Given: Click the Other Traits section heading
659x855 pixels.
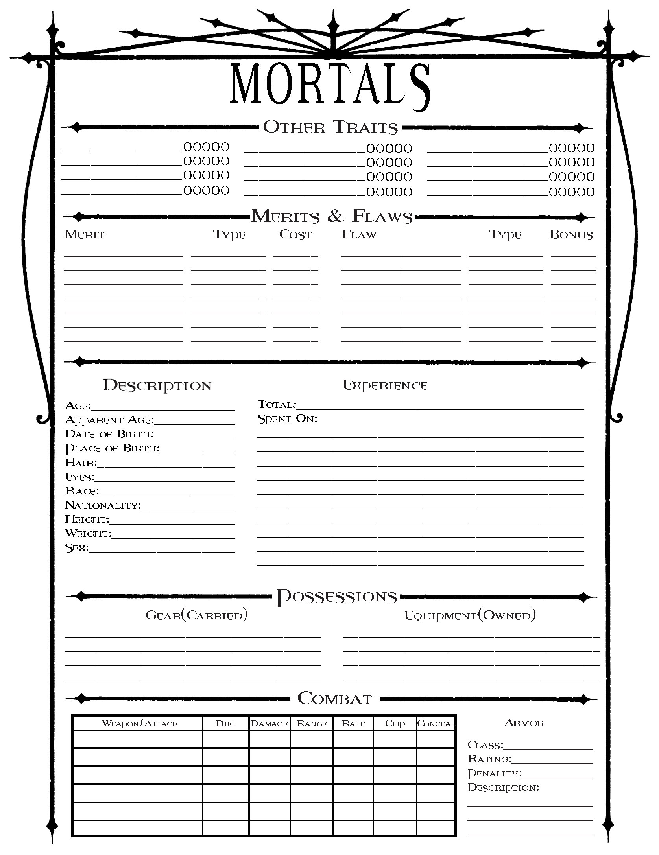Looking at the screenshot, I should [330, 127].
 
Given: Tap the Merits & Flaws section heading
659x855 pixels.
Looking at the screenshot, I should [332, 216].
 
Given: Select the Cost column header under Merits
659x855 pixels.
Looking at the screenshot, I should [295, 234].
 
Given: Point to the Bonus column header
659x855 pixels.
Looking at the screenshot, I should [571, 235].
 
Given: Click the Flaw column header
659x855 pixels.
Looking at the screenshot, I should [359, 235].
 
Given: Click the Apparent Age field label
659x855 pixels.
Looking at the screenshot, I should [109, 420].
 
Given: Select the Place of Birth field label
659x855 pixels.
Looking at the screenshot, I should [112, 448].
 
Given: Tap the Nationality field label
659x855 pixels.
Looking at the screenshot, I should [103, 505].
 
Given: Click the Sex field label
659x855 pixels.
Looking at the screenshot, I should [77, 547].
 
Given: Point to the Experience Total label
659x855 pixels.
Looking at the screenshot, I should [277, 405].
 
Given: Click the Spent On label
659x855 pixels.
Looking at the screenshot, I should [287, 419].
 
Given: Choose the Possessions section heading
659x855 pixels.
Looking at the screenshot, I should [337, 597].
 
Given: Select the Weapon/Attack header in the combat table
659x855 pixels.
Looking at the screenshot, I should [140, 724].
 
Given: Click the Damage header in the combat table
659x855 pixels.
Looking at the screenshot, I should [270, 724].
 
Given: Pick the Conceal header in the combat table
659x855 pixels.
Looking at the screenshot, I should [436, 724].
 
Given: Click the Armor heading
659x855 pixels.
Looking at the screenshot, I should [524, 723].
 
